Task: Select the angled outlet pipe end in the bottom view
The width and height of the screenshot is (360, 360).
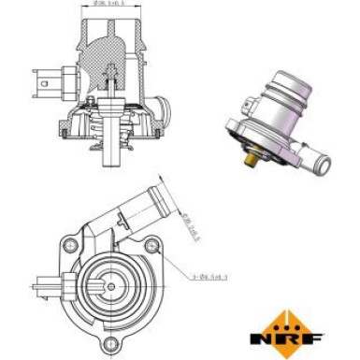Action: click(x=158, y=199)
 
